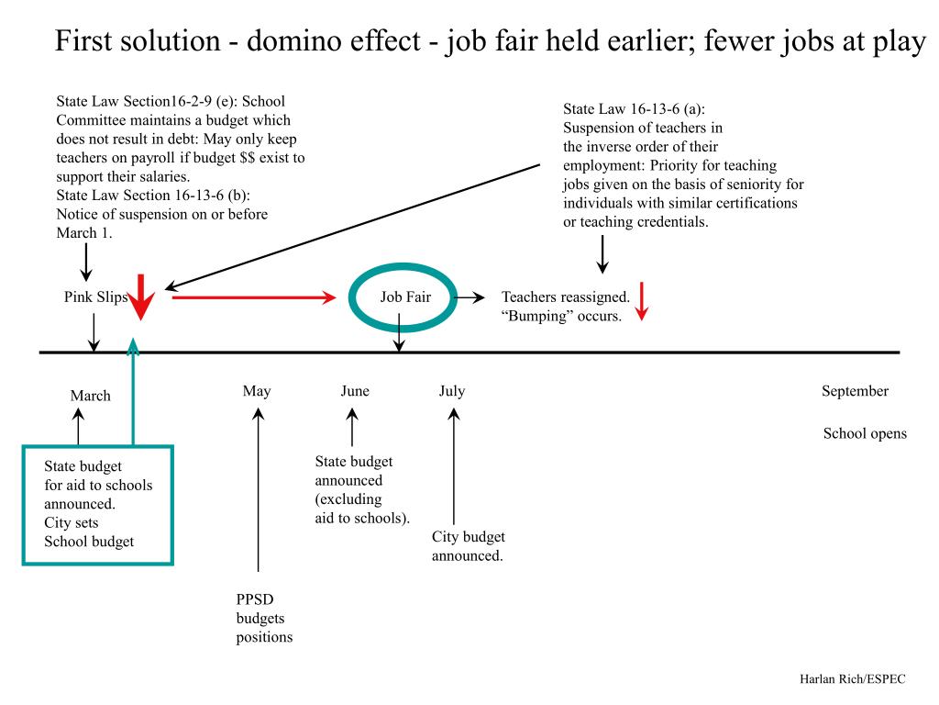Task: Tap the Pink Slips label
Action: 95,297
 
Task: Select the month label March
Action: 90,396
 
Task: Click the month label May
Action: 257,391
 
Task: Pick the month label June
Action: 355,391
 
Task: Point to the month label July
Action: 452,391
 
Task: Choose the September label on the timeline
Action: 855,391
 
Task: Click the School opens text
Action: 865,433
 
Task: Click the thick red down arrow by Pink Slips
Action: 140,297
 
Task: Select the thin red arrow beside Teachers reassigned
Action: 642,301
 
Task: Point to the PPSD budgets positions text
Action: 264,618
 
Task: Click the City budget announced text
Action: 469,546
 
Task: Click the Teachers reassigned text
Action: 566,297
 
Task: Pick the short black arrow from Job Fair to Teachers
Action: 471,297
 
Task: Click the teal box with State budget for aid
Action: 98,505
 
